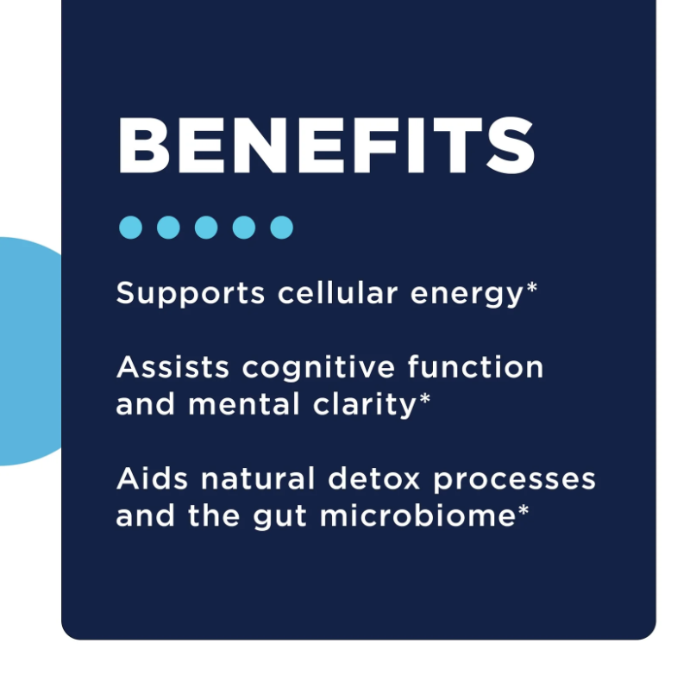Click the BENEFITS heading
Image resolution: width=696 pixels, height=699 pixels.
(326, 146)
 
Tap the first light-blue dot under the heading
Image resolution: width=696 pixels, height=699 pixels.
(131, 228)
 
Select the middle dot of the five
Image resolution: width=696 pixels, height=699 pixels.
(206, 228)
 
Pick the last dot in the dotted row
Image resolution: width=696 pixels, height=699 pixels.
(281, 228)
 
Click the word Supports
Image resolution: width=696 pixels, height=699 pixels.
(191, 294)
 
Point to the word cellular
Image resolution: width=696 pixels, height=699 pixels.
(338, 292)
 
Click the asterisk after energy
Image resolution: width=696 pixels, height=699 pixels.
(532, 287)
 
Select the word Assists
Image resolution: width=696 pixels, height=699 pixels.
(172, 367)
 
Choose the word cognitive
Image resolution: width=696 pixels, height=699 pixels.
(318, 368)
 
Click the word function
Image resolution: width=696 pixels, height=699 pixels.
(475, 366)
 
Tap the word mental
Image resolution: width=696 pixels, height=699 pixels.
(243, 403)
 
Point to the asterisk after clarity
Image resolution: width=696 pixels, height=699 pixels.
(424, 398)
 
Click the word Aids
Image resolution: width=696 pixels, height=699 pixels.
(152, 478)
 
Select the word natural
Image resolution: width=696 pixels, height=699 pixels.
(258, 478)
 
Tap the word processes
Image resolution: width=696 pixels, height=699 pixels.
(514, 481)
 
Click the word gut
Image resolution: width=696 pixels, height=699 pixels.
(279, 517)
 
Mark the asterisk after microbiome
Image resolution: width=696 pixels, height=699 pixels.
(523, 509)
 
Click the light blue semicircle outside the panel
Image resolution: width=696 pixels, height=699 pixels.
(29, 352)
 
